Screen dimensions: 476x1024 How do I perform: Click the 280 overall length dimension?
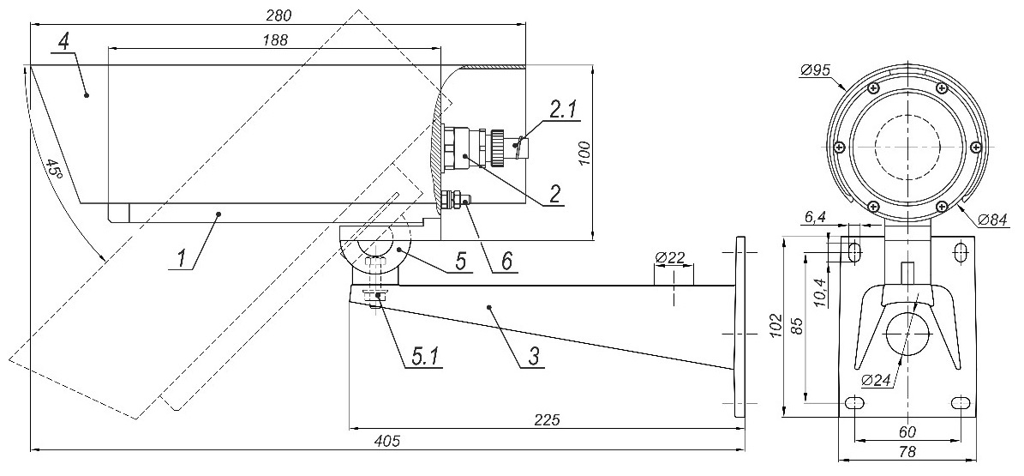point(279,15)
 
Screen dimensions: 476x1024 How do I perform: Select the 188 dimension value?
point(275,39)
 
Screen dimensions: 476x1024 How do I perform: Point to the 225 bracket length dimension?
point(547,419)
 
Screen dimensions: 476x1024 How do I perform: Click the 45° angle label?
point(53,168)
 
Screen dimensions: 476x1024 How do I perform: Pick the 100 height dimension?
point(586,151)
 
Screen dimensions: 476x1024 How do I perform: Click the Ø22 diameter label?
point(673,256)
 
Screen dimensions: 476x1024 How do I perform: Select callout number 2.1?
point(564,109)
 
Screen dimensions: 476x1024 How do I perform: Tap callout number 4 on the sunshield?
point(63,39)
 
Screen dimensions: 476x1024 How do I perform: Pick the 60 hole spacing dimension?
point(908,431)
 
